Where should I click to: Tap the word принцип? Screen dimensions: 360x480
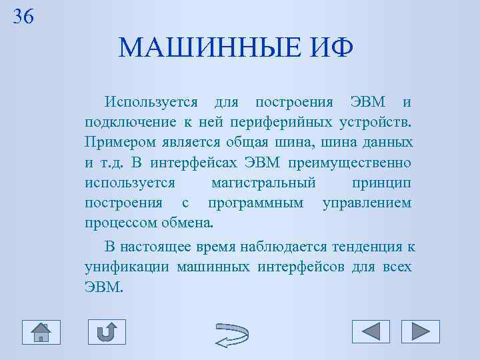pyautogui.click(x=380, y=183)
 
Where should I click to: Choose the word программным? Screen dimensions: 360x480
pyautogui.click(x=255, y=203)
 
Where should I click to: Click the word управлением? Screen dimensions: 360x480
pyautogui.click(x=367, y=203)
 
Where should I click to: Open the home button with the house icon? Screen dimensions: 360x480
pyautogui.click(x=41, y=332)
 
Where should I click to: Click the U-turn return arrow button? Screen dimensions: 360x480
pyautogui.click(x=107, y=332)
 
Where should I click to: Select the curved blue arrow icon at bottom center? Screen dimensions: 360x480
pyautogui.click(x=233, y=333)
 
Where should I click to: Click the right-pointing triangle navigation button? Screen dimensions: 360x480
pyautogui.click(x=420, y=331)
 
